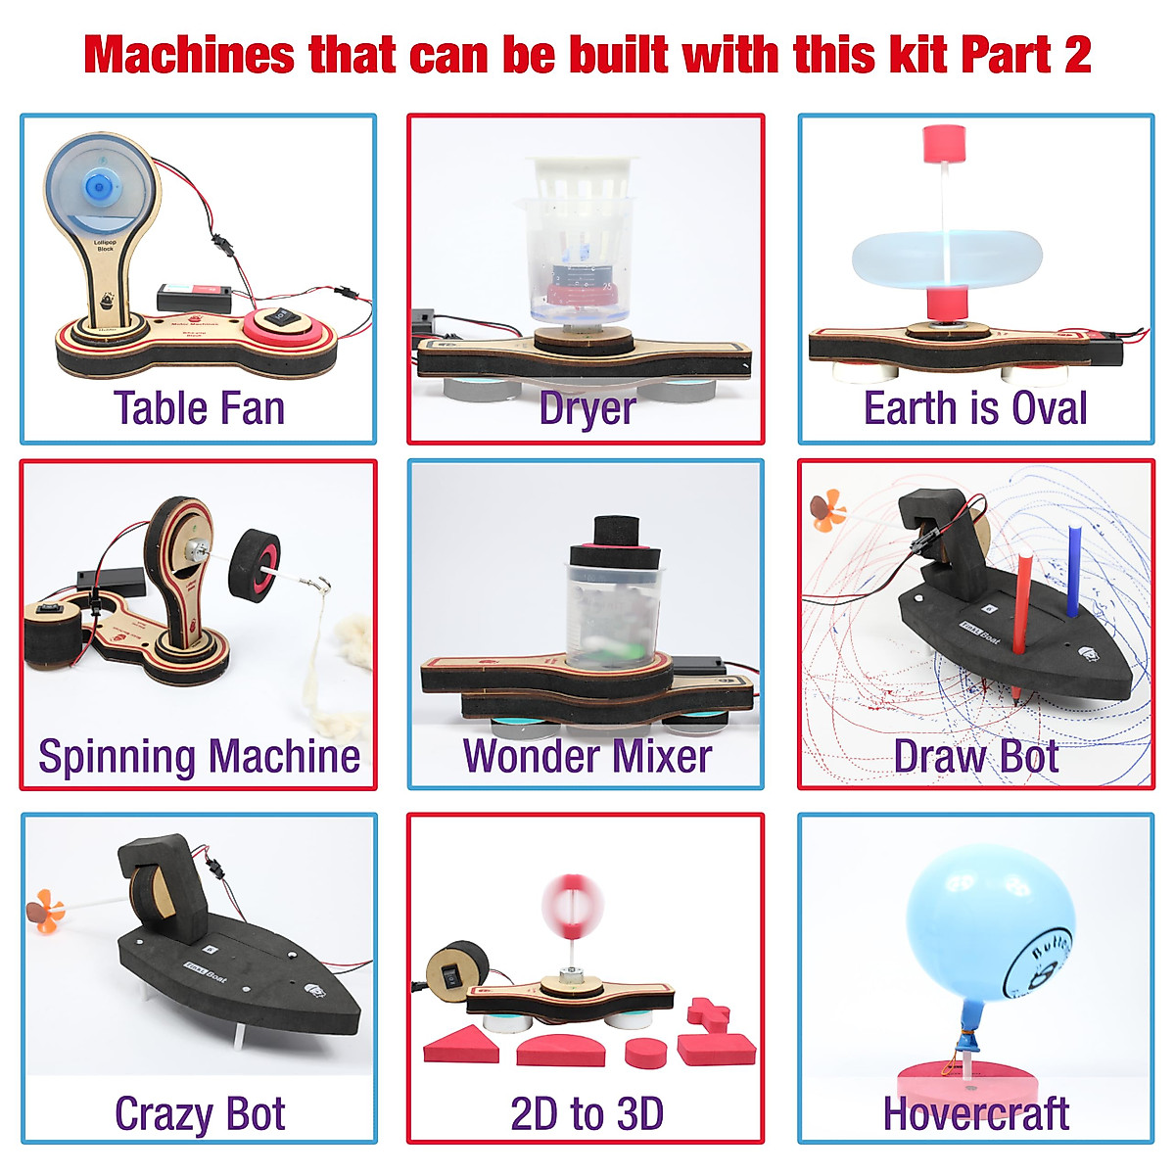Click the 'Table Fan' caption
199,408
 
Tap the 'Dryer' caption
587,409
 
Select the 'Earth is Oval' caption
975,408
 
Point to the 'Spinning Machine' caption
199,757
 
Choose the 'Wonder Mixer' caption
587,757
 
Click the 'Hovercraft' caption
975,1113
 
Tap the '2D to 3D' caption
587,1113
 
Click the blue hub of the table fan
100,186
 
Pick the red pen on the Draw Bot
1022,617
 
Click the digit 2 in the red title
1077,55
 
